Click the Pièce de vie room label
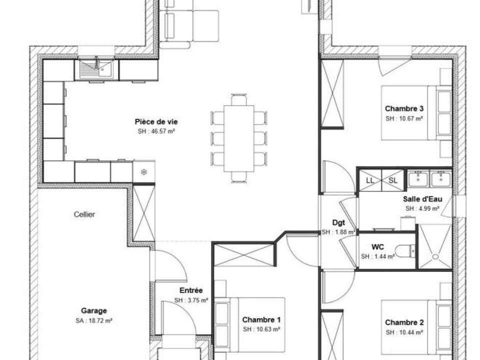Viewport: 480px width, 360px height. click(x=156, y=122)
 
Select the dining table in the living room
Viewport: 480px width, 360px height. click(x=239, y=138)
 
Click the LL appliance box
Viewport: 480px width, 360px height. click(x=370, y=180)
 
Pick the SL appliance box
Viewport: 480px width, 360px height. click(x=393, y=180)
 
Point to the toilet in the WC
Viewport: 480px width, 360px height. click(x=405, y=251)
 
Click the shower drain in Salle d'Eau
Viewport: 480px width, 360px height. click(x=435, y=256)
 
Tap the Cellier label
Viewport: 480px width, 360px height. click(x=84, y=214)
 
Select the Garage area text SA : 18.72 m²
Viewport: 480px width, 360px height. click(x=93, y=321)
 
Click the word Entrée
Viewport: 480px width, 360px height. click(x=191, y=290)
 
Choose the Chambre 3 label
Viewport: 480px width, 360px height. click(x=404, y=108)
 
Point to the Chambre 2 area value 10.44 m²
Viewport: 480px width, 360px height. click(x=411, y=332)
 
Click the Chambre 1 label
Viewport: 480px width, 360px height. click(x=261, y=320)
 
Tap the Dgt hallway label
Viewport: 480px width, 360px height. click(x=338, y=223)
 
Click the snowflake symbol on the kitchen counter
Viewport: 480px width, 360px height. click(x=144, y=171)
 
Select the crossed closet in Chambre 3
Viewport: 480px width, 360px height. click(x=332, y=93)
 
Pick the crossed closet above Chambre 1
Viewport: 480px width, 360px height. click(x=243, y=254)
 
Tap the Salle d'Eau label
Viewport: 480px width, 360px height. click(x=422, y=199)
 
